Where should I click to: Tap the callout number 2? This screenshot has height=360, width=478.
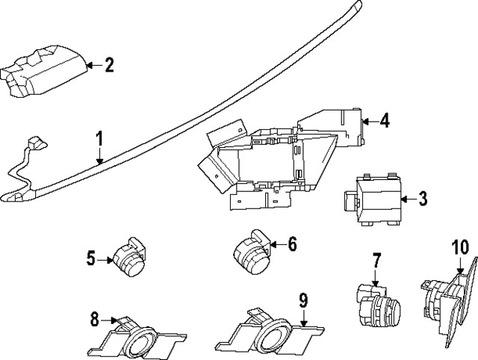point(109,66)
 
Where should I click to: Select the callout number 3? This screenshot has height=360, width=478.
point(423,199)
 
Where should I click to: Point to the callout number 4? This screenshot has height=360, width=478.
point(384,119)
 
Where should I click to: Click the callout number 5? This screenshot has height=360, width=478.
point(91,259)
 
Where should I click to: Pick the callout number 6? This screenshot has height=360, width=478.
point(292,243)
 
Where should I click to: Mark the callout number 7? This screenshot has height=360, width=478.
point(376,261)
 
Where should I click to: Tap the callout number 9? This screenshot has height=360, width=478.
point(303,301)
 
